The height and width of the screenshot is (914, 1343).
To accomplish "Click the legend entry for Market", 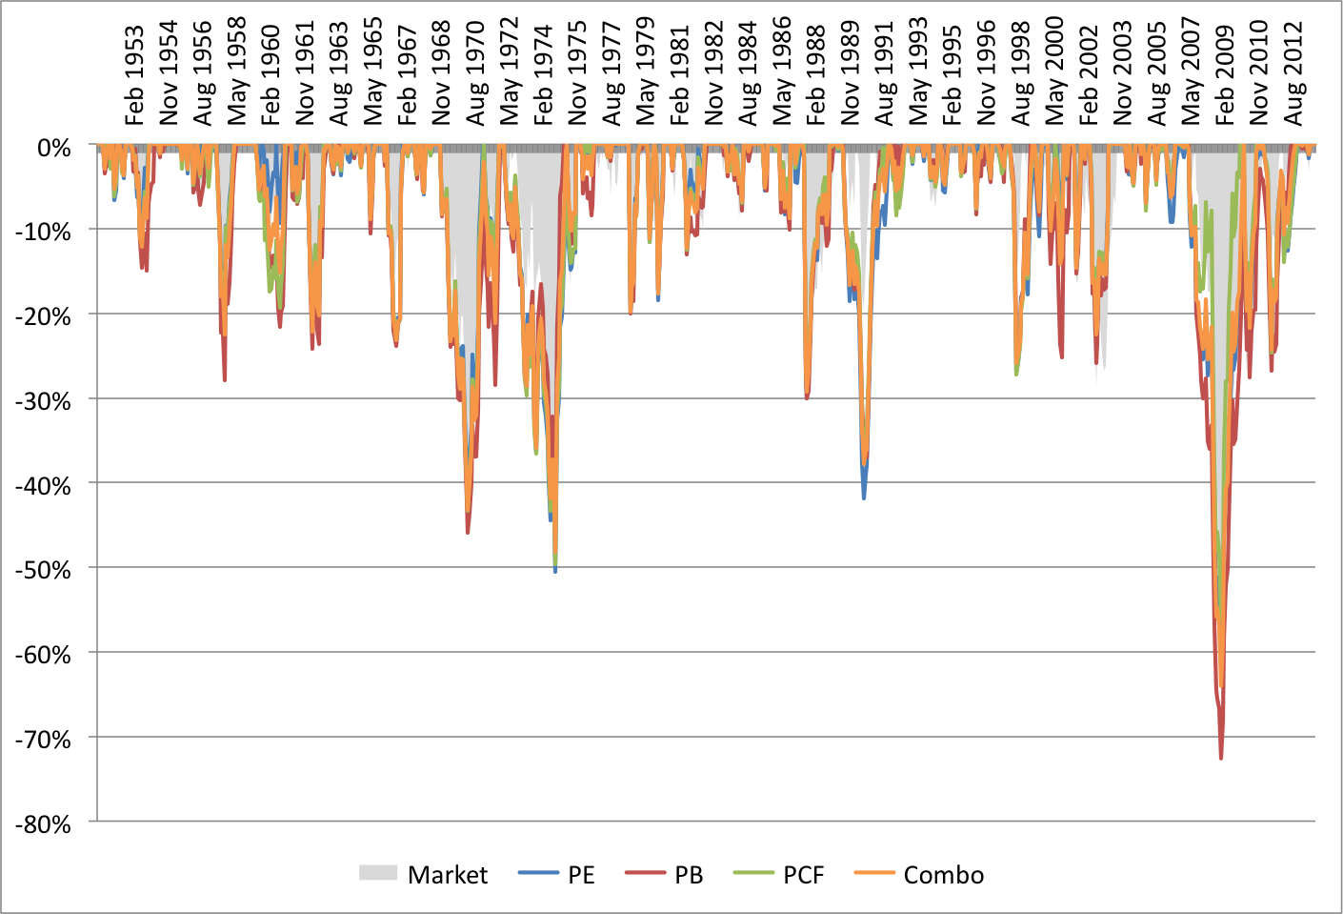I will point(424,874).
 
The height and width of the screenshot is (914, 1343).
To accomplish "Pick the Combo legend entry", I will point(919,874).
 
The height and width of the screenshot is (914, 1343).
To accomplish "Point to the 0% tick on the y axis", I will point(53,148).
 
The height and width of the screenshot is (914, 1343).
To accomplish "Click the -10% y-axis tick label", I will point(43,232).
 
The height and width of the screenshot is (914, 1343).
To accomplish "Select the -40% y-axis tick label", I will point(43,485).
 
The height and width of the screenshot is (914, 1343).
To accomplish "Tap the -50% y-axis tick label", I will point(43,570).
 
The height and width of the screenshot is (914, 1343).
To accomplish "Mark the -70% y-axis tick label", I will point(43,739).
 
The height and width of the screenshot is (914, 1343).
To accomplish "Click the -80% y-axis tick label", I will point(43,823).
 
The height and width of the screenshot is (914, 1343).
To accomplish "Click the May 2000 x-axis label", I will point(1054,71).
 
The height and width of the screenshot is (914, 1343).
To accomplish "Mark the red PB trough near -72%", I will point(1221,758).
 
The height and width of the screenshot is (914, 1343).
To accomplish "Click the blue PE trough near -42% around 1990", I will point(864,498).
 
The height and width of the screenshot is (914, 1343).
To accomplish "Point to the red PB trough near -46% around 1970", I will point(468,532).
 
